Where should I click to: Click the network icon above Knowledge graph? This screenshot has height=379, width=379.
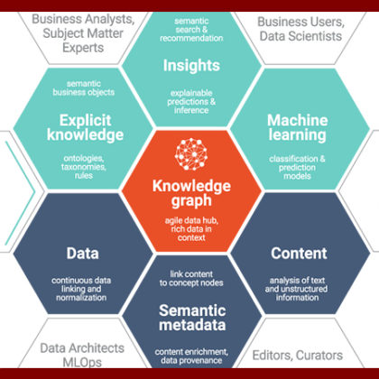pos(191,154)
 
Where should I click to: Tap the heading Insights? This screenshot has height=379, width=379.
pos(191,66)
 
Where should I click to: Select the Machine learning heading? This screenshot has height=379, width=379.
pos(298,127)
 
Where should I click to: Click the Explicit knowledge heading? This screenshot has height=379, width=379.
pos(85,127)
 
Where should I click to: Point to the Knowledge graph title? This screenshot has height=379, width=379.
pos(191,193)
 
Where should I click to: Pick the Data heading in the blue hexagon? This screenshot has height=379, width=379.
pos(82,254)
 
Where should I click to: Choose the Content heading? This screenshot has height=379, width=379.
pos(299,254)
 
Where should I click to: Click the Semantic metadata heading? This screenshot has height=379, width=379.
pos(192,318)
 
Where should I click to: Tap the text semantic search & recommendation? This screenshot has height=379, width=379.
pos(191,30)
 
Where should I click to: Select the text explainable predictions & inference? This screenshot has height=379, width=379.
pos(191,102)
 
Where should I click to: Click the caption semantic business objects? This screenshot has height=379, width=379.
pos(84,88)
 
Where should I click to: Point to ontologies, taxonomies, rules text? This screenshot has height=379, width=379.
pos(84,167)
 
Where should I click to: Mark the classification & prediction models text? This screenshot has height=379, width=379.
pos(297,167)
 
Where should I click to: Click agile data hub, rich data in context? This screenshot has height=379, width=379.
pos(191,229)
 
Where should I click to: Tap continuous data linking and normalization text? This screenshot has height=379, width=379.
pos(81,289)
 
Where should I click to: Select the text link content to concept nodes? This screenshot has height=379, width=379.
pos(191,279)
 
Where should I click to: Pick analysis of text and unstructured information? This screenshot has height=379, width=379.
pos(297,289)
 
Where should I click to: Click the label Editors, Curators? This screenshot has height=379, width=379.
pos(298,356)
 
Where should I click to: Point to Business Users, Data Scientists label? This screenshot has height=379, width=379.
pos(300,29)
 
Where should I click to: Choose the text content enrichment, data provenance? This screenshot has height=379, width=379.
pos(191,356)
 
